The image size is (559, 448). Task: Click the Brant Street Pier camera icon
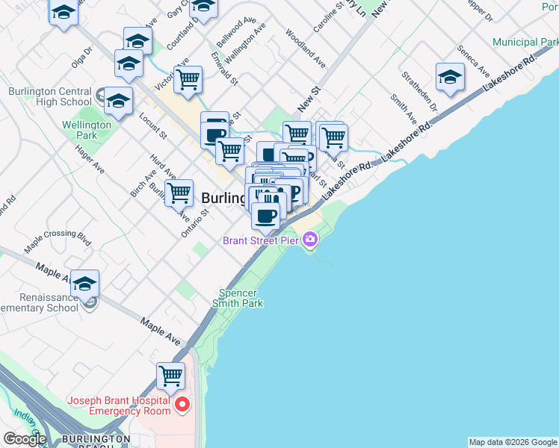point(310,240)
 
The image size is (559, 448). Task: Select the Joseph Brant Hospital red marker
point(182,405)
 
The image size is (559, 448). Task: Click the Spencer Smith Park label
point(238,298)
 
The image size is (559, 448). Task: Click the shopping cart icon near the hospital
point(171,375)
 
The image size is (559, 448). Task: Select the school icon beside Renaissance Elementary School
point(84,283)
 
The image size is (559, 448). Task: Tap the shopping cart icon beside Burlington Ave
point(179,193)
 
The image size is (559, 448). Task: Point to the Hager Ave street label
point(89,158)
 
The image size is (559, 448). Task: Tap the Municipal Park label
point(525,43)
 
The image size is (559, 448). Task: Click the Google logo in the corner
point(25,438)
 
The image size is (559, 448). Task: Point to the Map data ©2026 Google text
point(513,442)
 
